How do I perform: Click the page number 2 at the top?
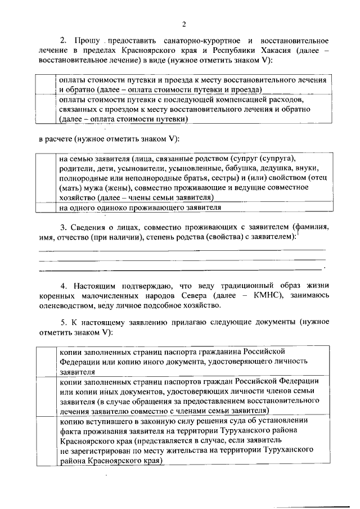coord(184,23)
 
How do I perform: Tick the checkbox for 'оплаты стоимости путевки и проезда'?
coord(47,84)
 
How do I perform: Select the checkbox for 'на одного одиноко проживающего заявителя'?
coord(47,208)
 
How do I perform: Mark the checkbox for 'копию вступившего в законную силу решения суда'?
coord(47,440)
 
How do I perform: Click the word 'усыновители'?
coord(143,168)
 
